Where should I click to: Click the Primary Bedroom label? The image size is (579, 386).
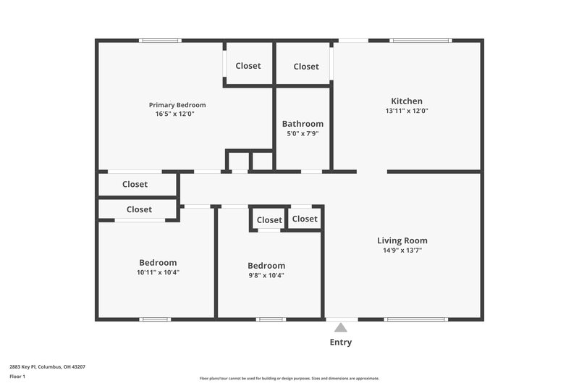177,104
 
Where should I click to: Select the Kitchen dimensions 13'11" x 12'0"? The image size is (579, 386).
407,111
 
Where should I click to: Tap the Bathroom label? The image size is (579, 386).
303,124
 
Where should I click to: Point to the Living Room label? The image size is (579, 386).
402,240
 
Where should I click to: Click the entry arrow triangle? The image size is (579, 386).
341,327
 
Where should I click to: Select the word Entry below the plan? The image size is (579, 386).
341,342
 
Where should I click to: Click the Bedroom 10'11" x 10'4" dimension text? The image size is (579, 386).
158,272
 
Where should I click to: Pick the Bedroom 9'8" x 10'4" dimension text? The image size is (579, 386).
266,275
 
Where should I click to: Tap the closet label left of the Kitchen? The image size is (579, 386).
306,67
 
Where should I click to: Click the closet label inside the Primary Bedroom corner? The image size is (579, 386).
248,66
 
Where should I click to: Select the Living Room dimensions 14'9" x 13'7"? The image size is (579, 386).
402,250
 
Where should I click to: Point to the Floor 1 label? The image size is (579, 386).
18,377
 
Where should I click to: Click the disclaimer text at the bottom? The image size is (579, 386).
289,378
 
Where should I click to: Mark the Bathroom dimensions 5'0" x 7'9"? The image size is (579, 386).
303,133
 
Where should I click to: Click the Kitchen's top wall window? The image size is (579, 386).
420,41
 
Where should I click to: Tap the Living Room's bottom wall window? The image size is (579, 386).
415,319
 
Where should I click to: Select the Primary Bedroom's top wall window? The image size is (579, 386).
160,41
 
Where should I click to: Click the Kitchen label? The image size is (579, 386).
407,101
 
